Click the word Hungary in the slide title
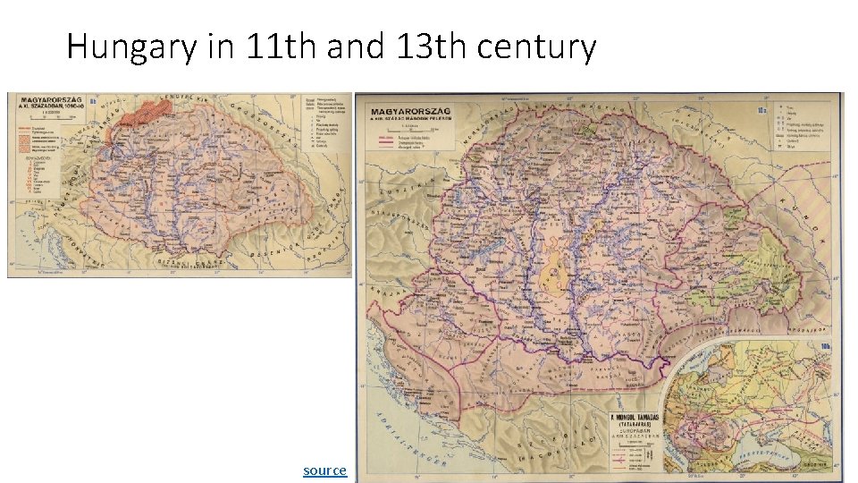coord(130,47)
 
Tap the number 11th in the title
coord(276,47)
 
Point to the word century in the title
coord(536,47)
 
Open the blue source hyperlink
coord(324,470)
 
